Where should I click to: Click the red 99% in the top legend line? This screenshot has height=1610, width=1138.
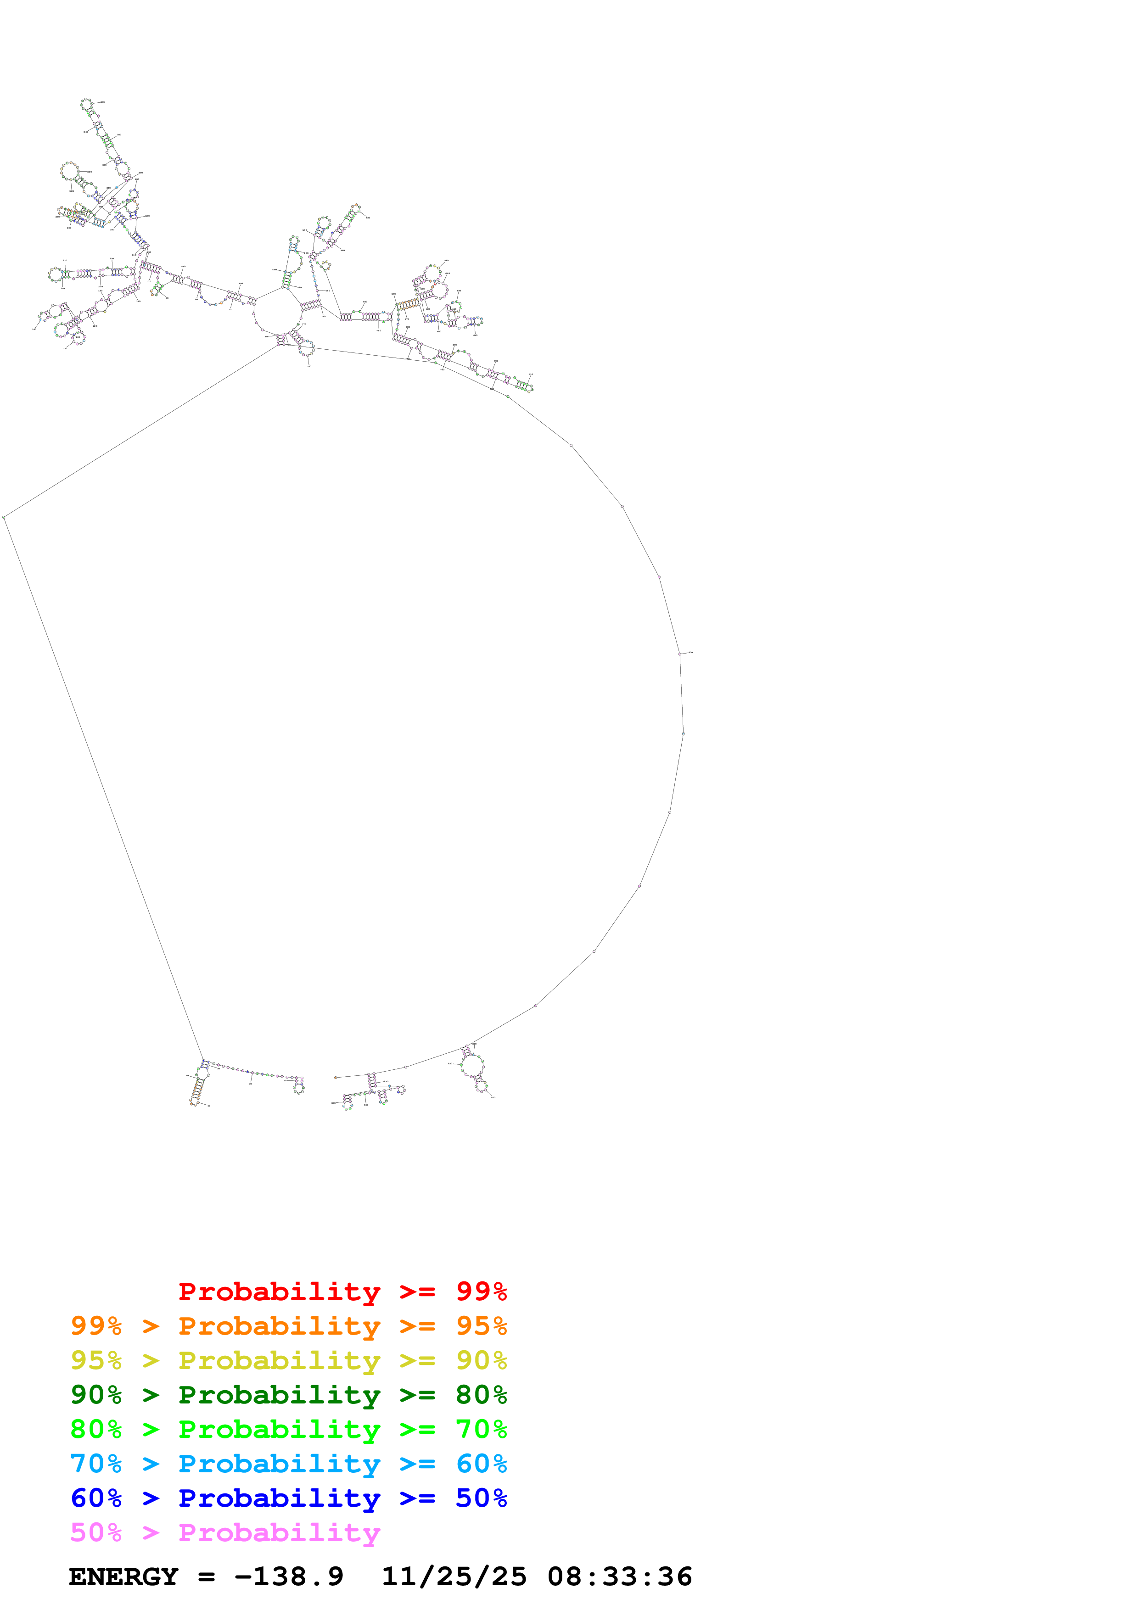(481, 1291)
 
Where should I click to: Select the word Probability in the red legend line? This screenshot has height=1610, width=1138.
(279, 1291)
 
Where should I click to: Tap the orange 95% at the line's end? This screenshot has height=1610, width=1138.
(481, 1326)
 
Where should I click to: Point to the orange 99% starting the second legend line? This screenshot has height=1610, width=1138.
(96, 1326)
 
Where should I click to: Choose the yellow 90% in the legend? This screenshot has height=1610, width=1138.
(481, 1360)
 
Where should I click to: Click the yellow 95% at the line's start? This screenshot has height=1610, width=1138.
(96, 1360)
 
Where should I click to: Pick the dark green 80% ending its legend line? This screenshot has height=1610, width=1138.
(481, 1395)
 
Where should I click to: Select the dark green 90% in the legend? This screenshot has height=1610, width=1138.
(96, 1395)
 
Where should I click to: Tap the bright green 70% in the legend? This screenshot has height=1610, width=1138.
(481, 1429)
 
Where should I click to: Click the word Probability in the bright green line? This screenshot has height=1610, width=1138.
(279, 1429)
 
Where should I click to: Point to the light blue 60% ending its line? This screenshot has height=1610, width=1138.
(481, 1464)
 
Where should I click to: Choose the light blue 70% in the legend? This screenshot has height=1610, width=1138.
(96, 1464)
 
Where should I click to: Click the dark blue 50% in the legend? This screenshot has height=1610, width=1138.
(481, 1498)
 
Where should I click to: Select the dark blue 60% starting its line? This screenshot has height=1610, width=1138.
(96, 1498)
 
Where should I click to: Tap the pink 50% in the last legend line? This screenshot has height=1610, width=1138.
(96, 1532)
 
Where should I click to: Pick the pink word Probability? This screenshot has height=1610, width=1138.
(279, 1532)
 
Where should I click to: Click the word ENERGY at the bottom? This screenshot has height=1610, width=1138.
(123, 1576)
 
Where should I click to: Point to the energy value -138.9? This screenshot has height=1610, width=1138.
(289, 1576)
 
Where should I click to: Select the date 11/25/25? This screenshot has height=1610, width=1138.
(454, 1576)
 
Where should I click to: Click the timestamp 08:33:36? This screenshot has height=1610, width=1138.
(620, 1576)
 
